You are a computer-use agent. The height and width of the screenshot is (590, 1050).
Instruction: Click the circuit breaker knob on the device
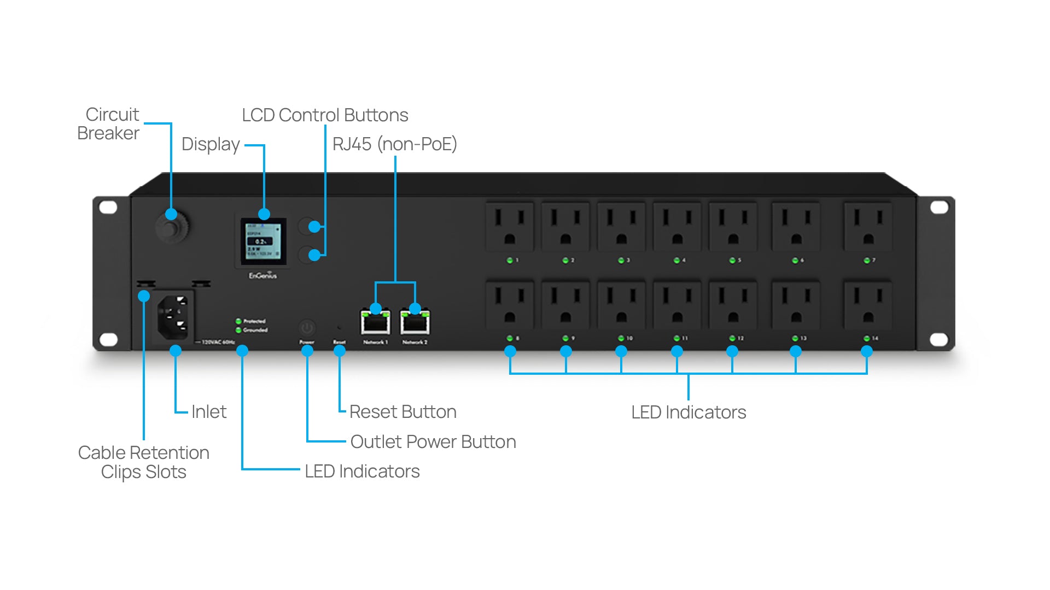[x=172, y=227]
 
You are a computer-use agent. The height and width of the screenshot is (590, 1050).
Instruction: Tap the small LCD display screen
[x=264, y=241]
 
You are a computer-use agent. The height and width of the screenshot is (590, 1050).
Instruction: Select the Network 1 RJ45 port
[x=375, y=323]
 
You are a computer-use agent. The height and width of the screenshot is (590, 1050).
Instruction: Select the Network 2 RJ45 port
[x=415, y=323]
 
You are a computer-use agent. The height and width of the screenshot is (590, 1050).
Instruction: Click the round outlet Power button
[x=307, y=328]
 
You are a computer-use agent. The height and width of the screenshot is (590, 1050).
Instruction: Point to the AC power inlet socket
[x=173, y=317]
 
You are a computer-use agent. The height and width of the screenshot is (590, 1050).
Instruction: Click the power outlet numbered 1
[x=510, y=227]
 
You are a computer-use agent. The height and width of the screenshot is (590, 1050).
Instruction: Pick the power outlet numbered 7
[x=868, y=227]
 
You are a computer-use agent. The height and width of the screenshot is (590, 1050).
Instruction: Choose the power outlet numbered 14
[x=868, y=305]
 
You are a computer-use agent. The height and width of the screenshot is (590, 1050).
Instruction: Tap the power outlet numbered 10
[x=621, y=305]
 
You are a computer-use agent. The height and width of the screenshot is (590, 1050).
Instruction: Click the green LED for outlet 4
[x=676, y=261]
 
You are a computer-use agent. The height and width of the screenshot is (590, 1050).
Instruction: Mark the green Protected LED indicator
[x=238, y=321]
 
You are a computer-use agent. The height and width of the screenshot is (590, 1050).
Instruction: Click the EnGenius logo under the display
[x=263, y=276]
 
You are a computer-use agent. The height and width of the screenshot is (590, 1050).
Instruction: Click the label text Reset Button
[x=402, y=412]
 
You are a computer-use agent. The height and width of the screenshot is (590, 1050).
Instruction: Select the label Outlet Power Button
[x=433, y=442]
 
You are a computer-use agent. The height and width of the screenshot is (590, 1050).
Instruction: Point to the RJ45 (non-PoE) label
[x=394, y=144]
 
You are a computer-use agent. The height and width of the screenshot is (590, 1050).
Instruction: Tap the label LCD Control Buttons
[x=325, y=115]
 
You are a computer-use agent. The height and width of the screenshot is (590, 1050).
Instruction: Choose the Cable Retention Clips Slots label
[x=144, y=462]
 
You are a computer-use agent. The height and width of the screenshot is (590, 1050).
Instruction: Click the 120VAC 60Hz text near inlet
[x=218, y=343]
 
